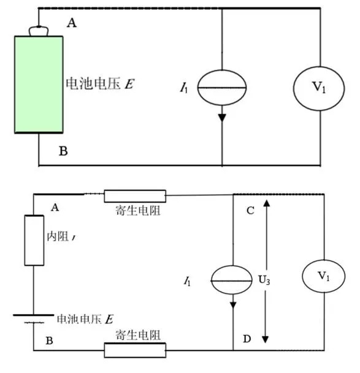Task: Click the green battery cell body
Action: point(39,84)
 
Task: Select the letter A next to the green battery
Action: point(72,23)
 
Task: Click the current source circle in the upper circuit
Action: point(221,88)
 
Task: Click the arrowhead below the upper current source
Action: point(221,116)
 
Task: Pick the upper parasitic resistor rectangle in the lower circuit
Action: point(135,195)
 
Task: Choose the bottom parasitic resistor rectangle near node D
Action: point(135,350)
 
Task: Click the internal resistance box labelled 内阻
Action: point(34,240)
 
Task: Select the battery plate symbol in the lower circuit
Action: point(34,317)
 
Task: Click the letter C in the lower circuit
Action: point(250,211)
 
